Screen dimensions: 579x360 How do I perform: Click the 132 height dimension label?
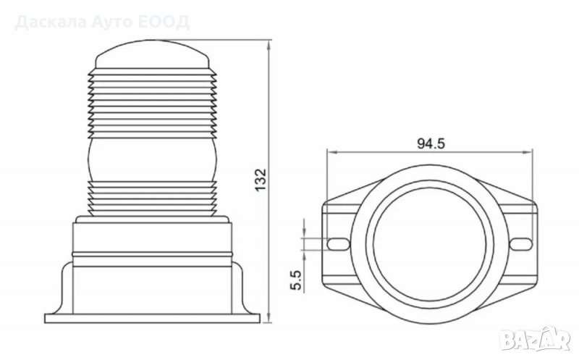click(x=261, y=180)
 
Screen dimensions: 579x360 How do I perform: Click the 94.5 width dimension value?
click(x=431, y=143)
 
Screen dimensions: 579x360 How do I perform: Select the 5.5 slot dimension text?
click(x=296, y=280)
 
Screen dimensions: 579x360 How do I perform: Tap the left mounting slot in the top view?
click(x=338, y=244)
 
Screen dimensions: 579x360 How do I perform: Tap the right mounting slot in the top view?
click(x=520, y=244)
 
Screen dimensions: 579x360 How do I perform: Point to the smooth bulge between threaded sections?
click(x=153, y=159)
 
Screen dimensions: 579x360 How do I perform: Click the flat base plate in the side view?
click(x=152, y=318)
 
